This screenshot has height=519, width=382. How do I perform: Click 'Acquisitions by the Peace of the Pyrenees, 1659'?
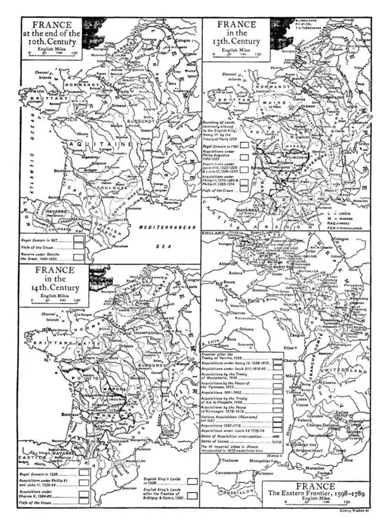coord(235,388)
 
